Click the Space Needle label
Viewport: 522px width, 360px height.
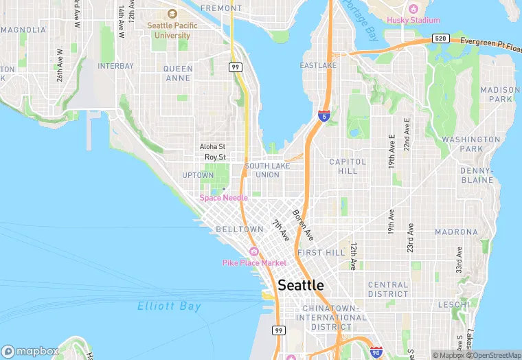(x=223, y=198)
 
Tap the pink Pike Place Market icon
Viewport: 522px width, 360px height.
(x=253, y=251)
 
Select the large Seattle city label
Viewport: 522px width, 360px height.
(x=301, y=284)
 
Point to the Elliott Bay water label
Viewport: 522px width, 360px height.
(x=169, y=306)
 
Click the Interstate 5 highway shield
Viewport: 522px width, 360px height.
(x=323, y=117)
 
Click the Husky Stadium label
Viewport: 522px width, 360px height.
(x=413, y=20)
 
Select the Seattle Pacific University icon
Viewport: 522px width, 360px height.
(x=172, y=14)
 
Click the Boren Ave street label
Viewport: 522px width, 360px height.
(x=303, y=225)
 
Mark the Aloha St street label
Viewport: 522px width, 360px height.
(x=212, y=146)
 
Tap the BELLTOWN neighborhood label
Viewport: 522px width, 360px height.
(x=240, y=229)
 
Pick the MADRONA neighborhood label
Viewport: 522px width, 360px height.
(x=456, y=232)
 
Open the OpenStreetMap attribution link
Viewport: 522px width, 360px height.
(x=493, y=355)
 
